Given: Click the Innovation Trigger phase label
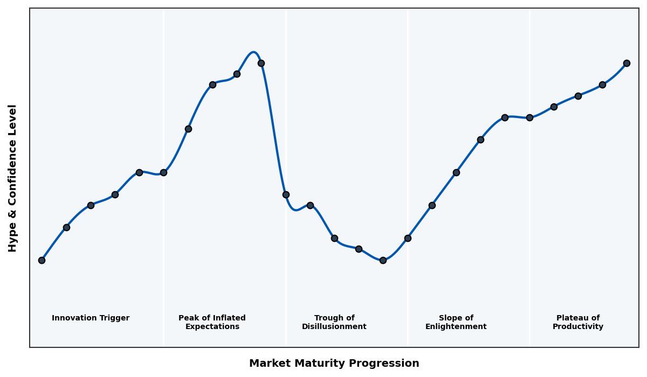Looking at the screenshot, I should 91,318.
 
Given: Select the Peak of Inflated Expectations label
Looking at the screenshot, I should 212,322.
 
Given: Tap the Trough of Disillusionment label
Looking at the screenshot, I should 334,322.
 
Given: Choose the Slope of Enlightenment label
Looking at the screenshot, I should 456,322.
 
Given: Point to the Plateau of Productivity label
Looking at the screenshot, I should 578,322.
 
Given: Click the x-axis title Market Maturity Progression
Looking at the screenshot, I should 334,364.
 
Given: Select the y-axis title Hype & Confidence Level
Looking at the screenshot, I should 13,178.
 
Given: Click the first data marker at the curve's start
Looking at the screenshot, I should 42,260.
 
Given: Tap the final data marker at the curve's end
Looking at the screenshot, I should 627,63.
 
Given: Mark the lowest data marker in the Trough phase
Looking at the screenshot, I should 383,260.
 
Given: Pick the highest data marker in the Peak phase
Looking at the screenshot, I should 261,63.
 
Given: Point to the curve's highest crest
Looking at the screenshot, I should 253,52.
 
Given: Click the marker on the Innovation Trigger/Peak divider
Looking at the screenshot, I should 163,172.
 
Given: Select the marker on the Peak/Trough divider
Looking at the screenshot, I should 286,194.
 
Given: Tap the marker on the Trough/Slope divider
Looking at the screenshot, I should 408,238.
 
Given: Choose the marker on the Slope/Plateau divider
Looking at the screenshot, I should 529,117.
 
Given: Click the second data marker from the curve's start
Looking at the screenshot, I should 66,227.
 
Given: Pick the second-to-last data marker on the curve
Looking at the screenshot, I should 602,85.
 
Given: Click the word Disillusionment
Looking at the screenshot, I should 334,327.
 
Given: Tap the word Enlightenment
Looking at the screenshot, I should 456,327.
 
